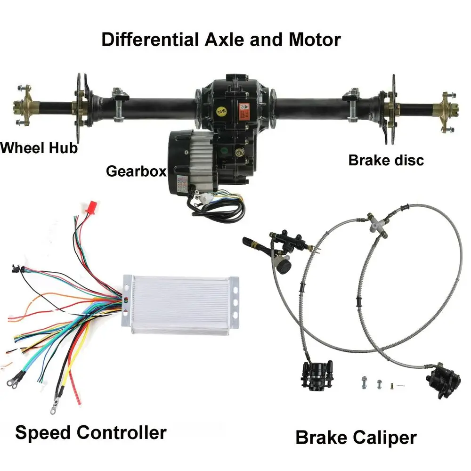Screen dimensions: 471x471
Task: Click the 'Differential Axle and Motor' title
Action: pyautogui.click(x=220, y=40)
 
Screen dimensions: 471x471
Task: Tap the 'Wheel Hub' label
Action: pyautogui.click(x=39, y=148)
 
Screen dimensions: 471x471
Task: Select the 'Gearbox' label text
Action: pyautogui.click(x=136, y=171)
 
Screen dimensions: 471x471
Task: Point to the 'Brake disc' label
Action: pyautogui.click(x=386, y=160)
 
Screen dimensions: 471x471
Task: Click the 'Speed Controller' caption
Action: pyautogui.click(x=90, y=432)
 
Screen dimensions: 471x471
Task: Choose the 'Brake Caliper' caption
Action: pyautogui.click(x=356, y=438)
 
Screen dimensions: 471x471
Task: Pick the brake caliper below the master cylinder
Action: pyautogui.click(x=315, y=377)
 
